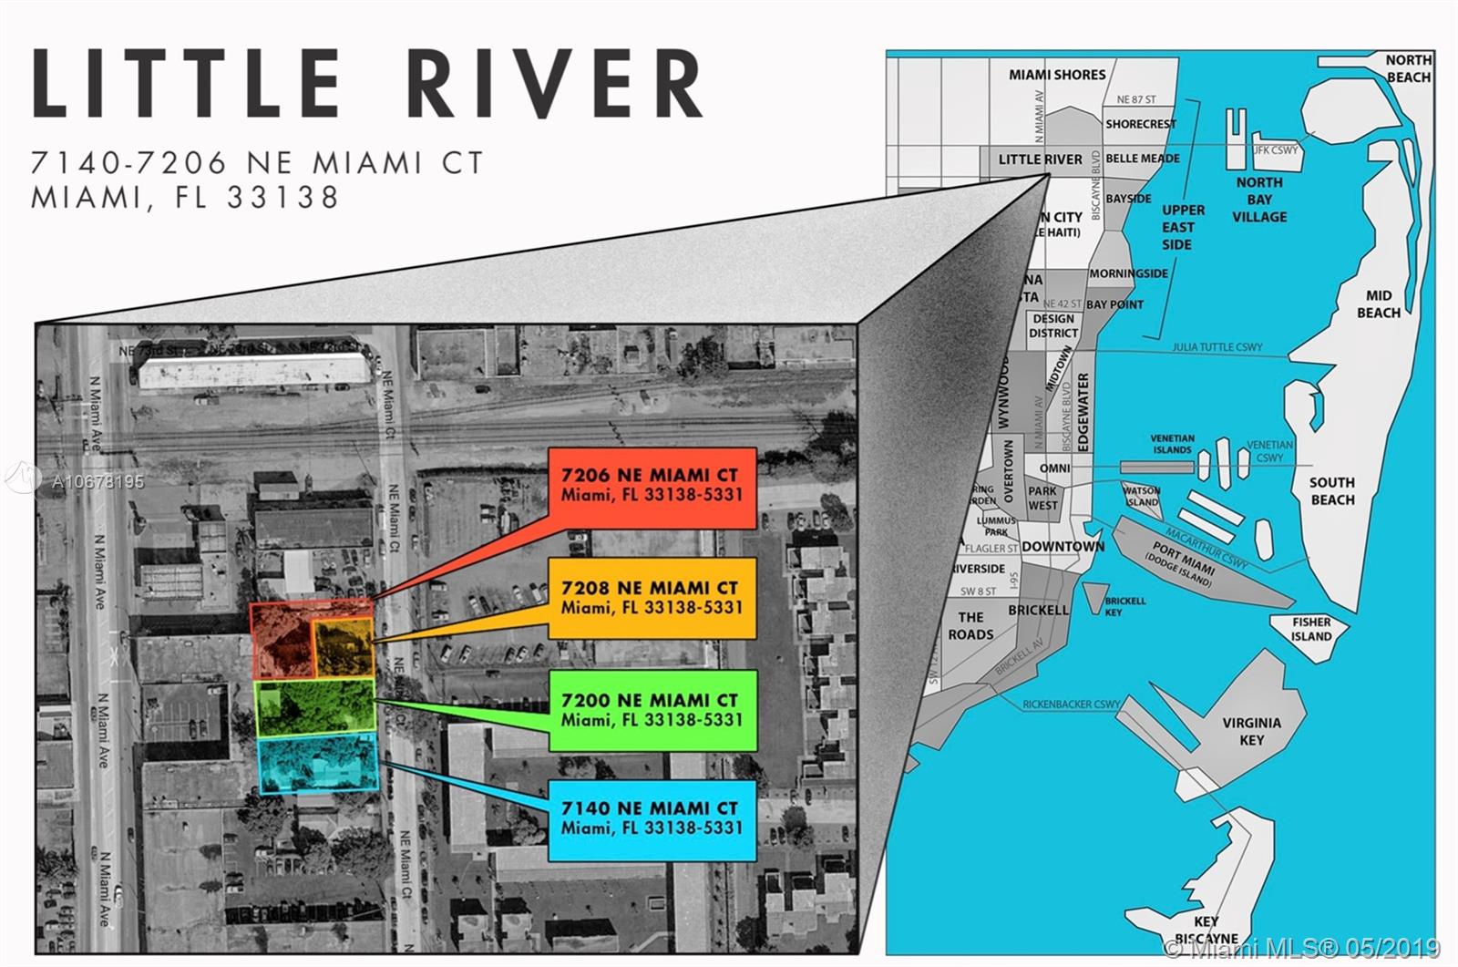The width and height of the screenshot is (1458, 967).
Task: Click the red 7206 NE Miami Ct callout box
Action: (652, 487)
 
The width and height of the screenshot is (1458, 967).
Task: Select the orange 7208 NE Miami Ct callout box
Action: (652, 598)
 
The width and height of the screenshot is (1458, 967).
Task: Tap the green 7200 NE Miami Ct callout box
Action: (652, 710)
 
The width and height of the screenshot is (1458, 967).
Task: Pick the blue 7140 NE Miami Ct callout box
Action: (652, 818)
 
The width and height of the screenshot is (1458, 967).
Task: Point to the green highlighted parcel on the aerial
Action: (315, 706)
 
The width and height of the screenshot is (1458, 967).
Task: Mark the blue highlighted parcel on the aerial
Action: (317, 764)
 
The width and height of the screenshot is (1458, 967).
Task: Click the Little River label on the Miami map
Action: (1040, 159)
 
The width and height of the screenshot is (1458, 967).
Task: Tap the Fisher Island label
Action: (1311, 629)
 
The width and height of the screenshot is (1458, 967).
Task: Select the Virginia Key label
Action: (1251, 731)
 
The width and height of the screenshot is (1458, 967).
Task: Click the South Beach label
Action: (1332, 490)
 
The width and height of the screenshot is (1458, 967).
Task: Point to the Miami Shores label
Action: (1057, 75)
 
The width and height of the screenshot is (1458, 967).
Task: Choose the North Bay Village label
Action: (1259, 200)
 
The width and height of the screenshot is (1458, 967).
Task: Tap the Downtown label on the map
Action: (1063, 546)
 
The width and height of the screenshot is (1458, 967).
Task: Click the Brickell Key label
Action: (1125, 606)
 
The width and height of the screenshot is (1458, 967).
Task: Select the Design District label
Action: (1053, 325)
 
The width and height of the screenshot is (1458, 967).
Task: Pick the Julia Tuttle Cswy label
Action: (1217, 347)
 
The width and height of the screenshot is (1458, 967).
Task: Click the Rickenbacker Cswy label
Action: (1071, 704)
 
